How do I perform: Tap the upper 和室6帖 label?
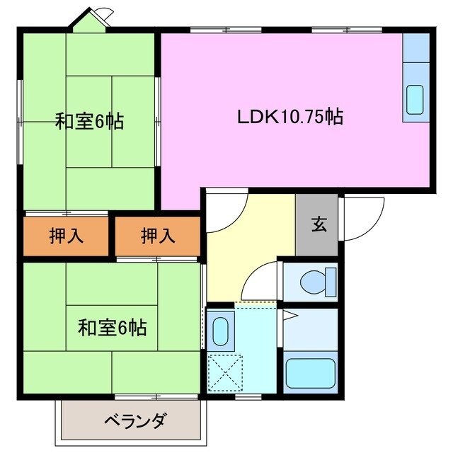click(x=89, y=122)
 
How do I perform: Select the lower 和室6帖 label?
click(x=112, y=328)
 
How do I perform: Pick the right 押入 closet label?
click(x=157, y=236)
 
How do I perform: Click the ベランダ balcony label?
click(x=135, y=421)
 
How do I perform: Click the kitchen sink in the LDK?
click(x=414, y=101)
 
